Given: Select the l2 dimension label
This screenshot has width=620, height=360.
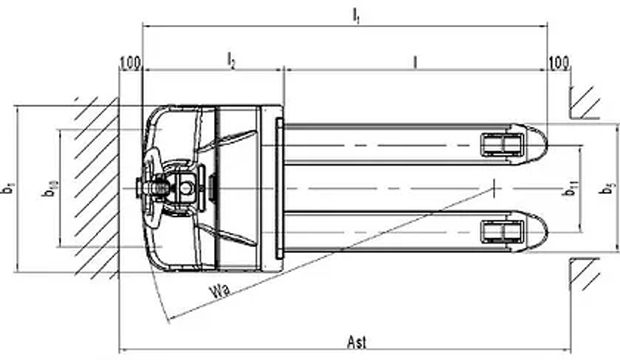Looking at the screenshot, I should [x=231, y=61].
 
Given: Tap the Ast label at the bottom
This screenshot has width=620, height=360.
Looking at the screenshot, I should [x=357, y=342].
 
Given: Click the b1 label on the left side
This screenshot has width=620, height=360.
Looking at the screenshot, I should [x=7, y=188].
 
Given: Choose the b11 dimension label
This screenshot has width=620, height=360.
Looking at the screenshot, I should [x=569, y=188].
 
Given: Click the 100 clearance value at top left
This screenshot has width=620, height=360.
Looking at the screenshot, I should [x=130, y=63].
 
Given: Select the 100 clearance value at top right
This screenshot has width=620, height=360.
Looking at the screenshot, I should [x=559, y=63].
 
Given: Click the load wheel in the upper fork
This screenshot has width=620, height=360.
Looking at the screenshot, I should [x=502, y=144].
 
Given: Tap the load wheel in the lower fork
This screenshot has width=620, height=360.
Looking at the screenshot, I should [x=502, y=232].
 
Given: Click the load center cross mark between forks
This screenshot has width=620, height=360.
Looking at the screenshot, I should [x=494, y=188].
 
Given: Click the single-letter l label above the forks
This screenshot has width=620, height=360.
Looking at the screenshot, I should [x=415, y=61].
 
